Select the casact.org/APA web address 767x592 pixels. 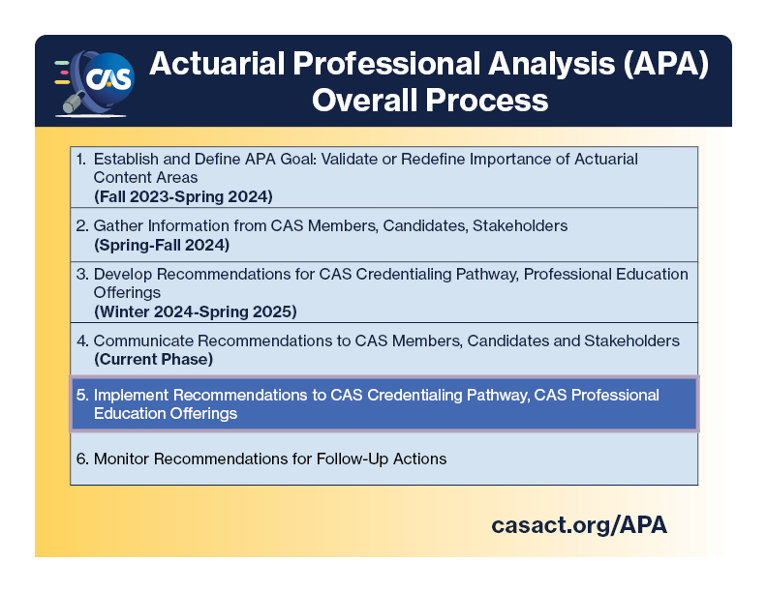coord(579,524)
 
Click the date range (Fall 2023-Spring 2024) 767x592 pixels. coord(183,195)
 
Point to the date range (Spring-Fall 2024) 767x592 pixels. coord(161,245)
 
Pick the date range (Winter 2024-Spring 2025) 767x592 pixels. coord(195,311)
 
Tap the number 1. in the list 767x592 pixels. coord(81,159)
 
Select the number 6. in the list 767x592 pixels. coord(82,459)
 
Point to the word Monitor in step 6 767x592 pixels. coord(123,459)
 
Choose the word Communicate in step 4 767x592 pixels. coord(141,340)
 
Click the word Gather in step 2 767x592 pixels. coord(118,225)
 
